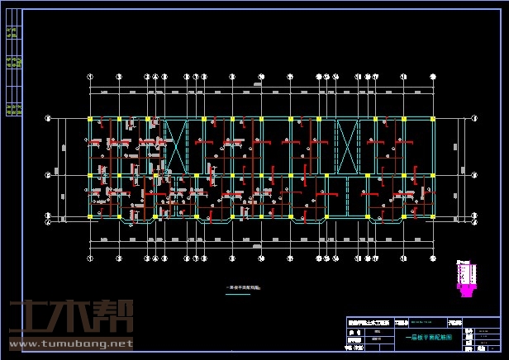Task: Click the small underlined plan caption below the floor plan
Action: point(243,287)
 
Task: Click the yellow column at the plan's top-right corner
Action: point(433,120)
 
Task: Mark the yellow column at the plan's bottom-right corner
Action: point(433,217)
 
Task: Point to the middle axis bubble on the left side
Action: point(47,175)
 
